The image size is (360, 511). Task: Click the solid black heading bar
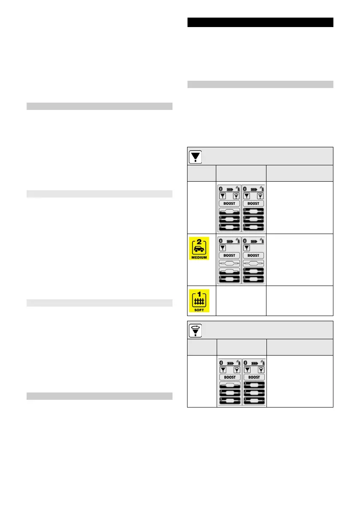click(x=260, y=22)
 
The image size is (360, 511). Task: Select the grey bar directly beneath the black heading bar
click(x=260, y=85)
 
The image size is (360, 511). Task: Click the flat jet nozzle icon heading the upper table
click(x=197, y=157)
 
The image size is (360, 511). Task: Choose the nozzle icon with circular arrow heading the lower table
click(x=197, y=330)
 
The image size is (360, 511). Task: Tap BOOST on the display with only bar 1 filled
click(x=230, y=255)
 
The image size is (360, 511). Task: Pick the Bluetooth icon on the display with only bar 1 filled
click(x=221, y=240)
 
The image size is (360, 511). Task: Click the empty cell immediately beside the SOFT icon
click(x=242, y=301)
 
